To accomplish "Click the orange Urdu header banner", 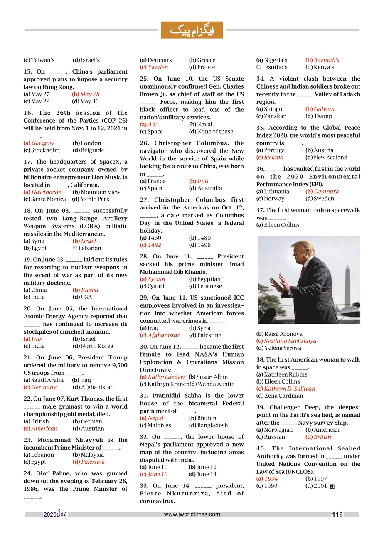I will [192, 30].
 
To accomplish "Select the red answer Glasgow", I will [42, 143].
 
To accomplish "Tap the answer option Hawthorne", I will [46, 192].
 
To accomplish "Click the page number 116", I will [337, 515].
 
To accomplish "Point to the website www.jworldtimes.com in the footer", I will [192, 514].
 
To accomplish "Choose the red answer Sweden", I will [158, 67].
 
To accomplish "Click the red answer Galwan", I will [324, 109].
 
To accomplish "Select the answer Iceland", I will [273, 158].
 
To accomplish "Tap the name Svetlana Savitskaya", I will [290, 341].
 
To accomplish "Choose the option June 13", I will [158, 475].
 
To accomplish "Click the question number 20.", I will [28, 309].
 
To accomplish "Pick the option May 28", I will [90, 94].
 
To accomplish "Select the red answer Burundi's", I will [326, 60].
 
